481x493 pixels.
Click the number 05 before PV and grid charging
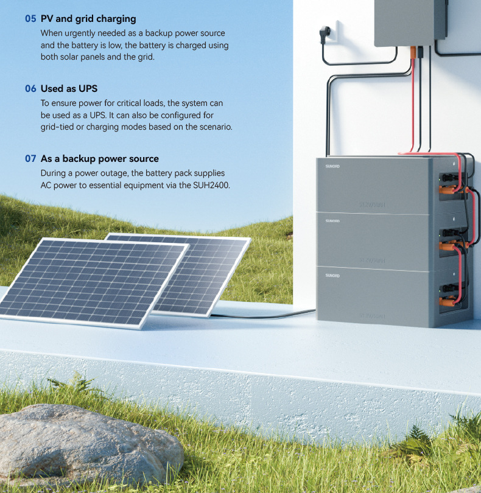30,19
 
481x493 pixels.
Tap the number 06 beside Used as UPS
30,89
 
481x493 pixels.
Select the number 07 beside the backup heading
30,159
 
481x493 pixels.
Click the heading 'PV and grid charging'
88,19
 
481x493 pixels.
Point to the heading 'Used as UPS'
69,89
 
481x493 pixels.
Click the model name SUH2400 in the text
211,185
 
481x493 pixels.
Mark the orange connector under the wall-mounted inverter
415,51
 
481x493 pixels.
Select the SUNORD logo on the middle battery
332,220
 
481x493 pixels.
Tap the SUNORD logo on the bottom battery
332,276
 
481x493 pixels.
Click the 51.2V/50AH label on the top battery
372,205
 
